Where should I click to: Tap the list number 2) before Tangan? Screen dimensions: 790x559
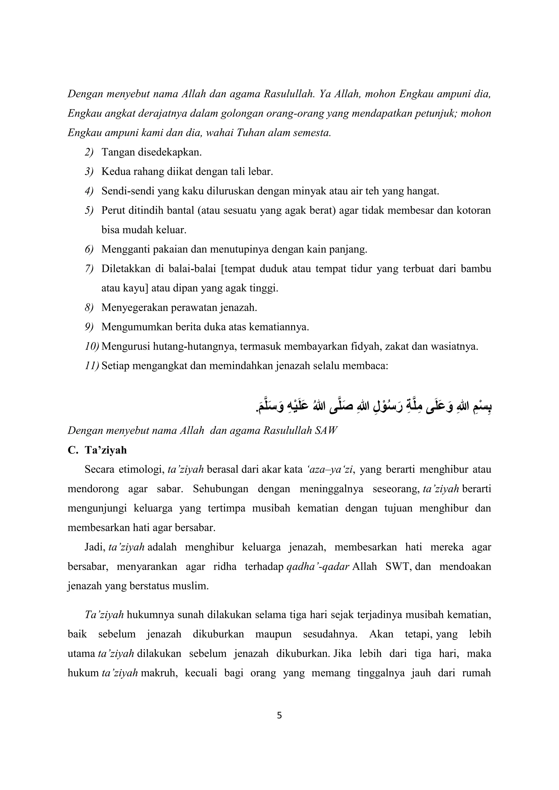click(x=89, y=152)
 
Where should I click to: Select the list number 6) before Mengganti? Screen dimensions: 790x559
click(x=89, y=249)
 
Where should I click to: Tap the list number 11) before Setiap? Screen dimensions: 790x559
click(x=92, y=366)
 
